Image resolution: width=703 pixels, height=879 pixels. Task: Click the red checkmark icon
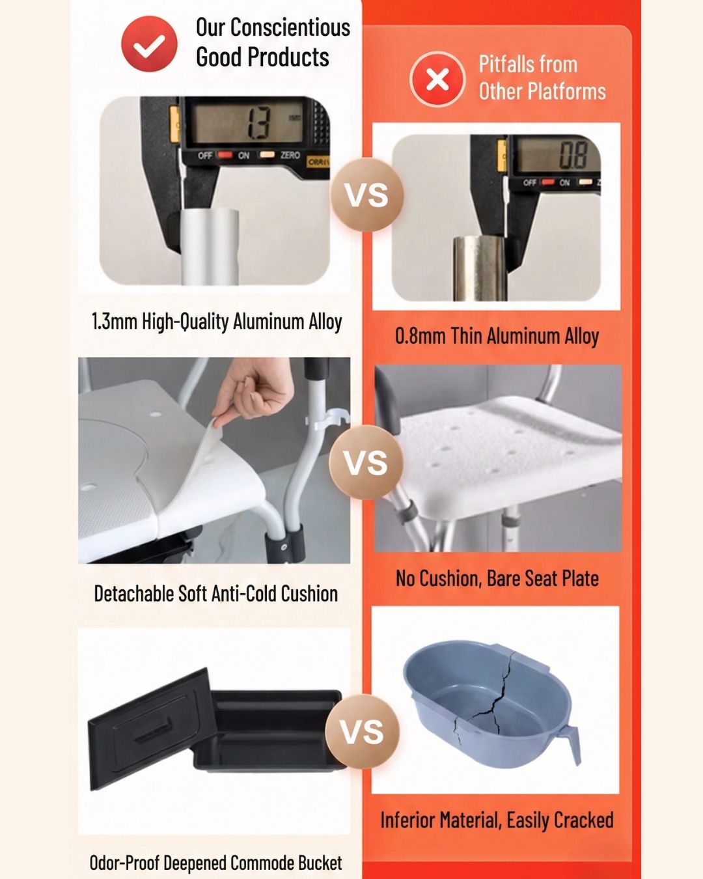[x=150, y=44]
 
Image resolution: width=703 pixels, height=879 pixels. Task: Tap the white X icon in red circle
[x=437, y=79]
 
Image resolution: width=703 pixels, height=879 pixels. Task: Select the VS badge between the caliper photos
[x=366, y=195]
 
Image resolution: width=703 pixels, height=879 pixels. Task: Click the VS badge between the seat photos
[x=366, y=462]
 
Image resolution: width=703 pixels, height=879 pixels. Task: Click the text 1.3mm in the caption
[x=115, y=321]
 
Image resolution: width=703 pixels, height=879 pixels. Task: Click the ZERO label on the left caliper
[x=290, y=155]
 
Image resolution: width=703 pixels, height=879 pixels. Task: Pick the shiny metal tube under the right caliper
[x=480, y=270]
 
